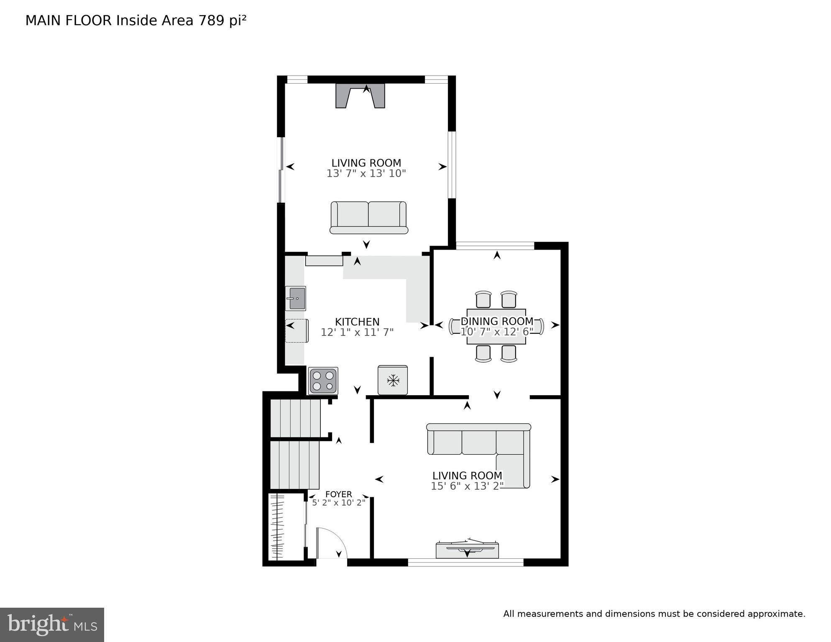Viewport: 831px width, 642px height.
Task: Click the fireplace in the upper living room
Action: pyautogui.click(x=360, y=96)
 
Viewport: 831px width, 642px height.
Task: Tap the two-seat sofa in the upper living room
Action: pyautogui.click(x=368, y=217)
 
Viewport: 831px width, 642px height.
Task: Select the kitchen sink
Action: pyautogui.click(x=296, y=298)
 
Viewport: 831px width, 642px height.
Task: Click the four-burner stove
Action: pyautogui.click(x=323, y=381)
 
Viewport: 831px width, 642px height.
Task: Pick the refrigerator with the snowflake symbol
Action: pyautogui.click(x=392, y=380)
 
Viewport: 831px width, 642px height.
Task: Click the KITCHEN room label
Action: pyautogui.click(x=357, y=322)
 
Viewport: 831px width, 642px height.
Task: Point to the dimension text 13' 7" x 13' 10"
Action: pyautogui.click(x=366, y=174)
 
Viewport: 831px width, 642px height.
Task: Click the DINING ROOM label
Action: pyautogui.click(x=497, y=321)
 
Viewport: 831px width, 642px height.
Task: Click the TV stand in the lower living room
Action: pyautogui.click(x=467, y=550)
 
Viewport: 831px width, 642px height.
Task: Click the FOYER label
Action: pyautogui.click(x=338, y=494)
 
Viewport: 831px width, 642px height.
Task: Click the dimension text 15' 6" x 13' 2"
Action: pyautogui.click(x=467, y=486)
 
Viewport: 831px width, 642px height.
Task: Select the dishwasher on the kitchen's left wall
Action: pyautogui.click(x=297, y=330)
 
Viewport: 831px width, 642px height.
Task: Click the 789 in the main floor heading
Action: pyautogui.click(x=212, y=20)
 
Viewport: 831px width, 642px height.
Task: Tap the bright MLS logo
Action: pyautogui.click(x=52, y=624)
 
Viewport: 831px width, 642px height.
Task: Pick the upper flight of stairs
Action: pyautogui.click(x=295, y=418)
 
